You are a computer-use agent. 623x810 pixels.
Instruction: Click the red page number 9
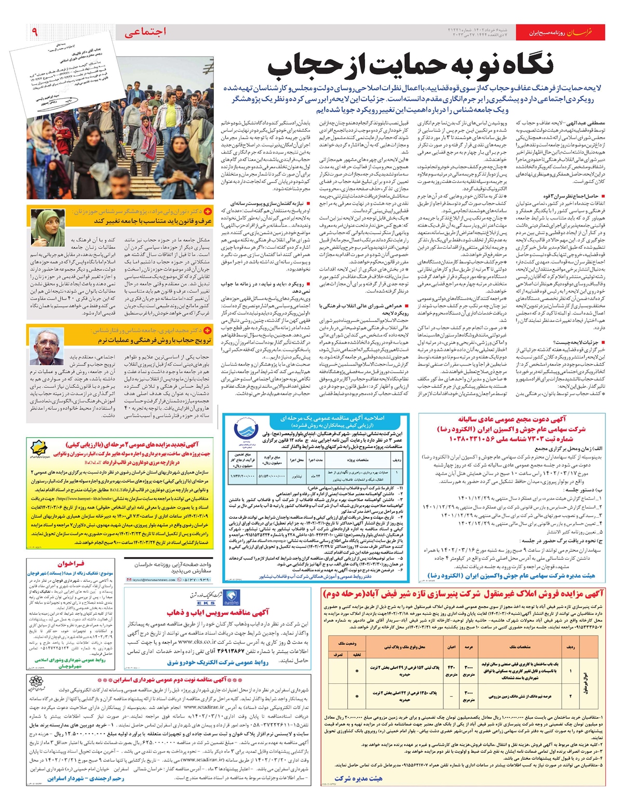tap(34, 32)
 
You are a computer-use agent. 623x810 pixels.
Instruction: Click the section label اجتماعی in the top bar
tap(146, 32)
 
